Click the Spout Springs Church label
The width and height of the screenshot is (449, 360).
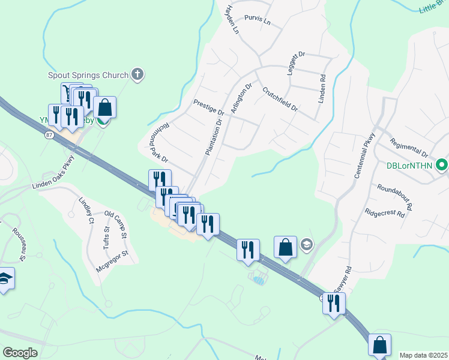coord(88,76)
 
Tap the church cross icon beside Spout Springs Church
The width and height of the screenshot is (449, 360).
coord(137,75)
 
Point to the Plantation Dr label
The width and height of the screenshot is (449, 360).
coord(213,136)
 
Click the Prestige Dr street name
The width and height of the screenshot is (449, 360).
coord(208,107)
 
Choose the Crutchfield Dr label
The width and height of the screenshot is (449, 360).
coord(280,99)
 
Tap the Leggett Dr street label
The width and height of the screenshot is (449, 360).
coord(294,63)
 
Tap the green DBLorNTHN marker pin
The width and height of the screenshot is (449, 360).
coord(442,164)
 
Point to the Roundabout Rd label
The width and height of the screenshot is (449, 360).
coord(395,196)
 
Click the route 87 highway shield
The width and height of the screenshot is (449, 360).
coord(48,136)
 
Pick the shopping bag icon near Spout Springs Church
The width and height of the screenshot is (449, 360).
coord(104,108)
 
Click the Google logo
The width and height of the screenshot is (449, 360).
coord(20,353)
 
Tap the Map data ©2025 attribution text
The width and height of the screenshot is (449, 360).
coord(423,355)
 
